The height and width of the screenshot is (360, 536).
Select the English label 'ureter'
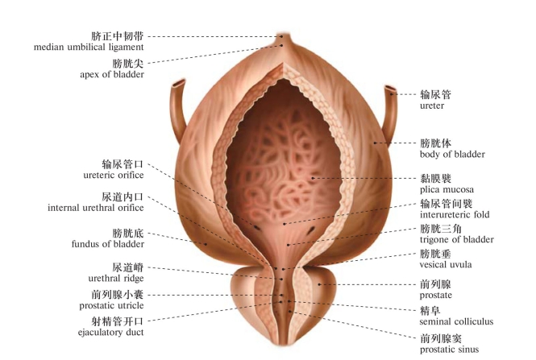click(432, 106)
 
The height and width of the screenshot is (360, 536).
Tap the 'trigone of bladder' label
click(456, 239)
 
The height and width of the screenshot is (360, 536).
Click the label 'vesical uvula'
click(446, 264)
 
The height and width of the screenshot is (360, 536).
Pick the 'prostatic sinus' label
click(449, 349)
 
